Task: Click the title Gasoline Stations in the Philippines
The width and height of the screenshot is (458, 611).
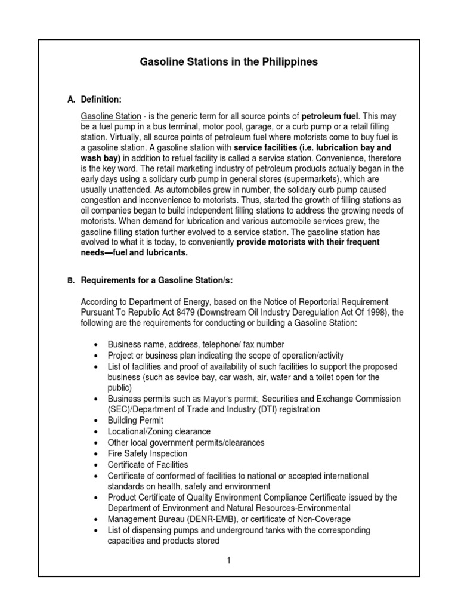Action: [x=229, y=61]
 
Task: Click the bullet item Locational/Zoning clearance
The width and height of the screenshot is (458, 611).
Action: [x=159, y=431]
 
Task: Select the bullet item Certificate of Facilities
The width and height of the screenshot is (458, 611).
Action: [x=147, y=465]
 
